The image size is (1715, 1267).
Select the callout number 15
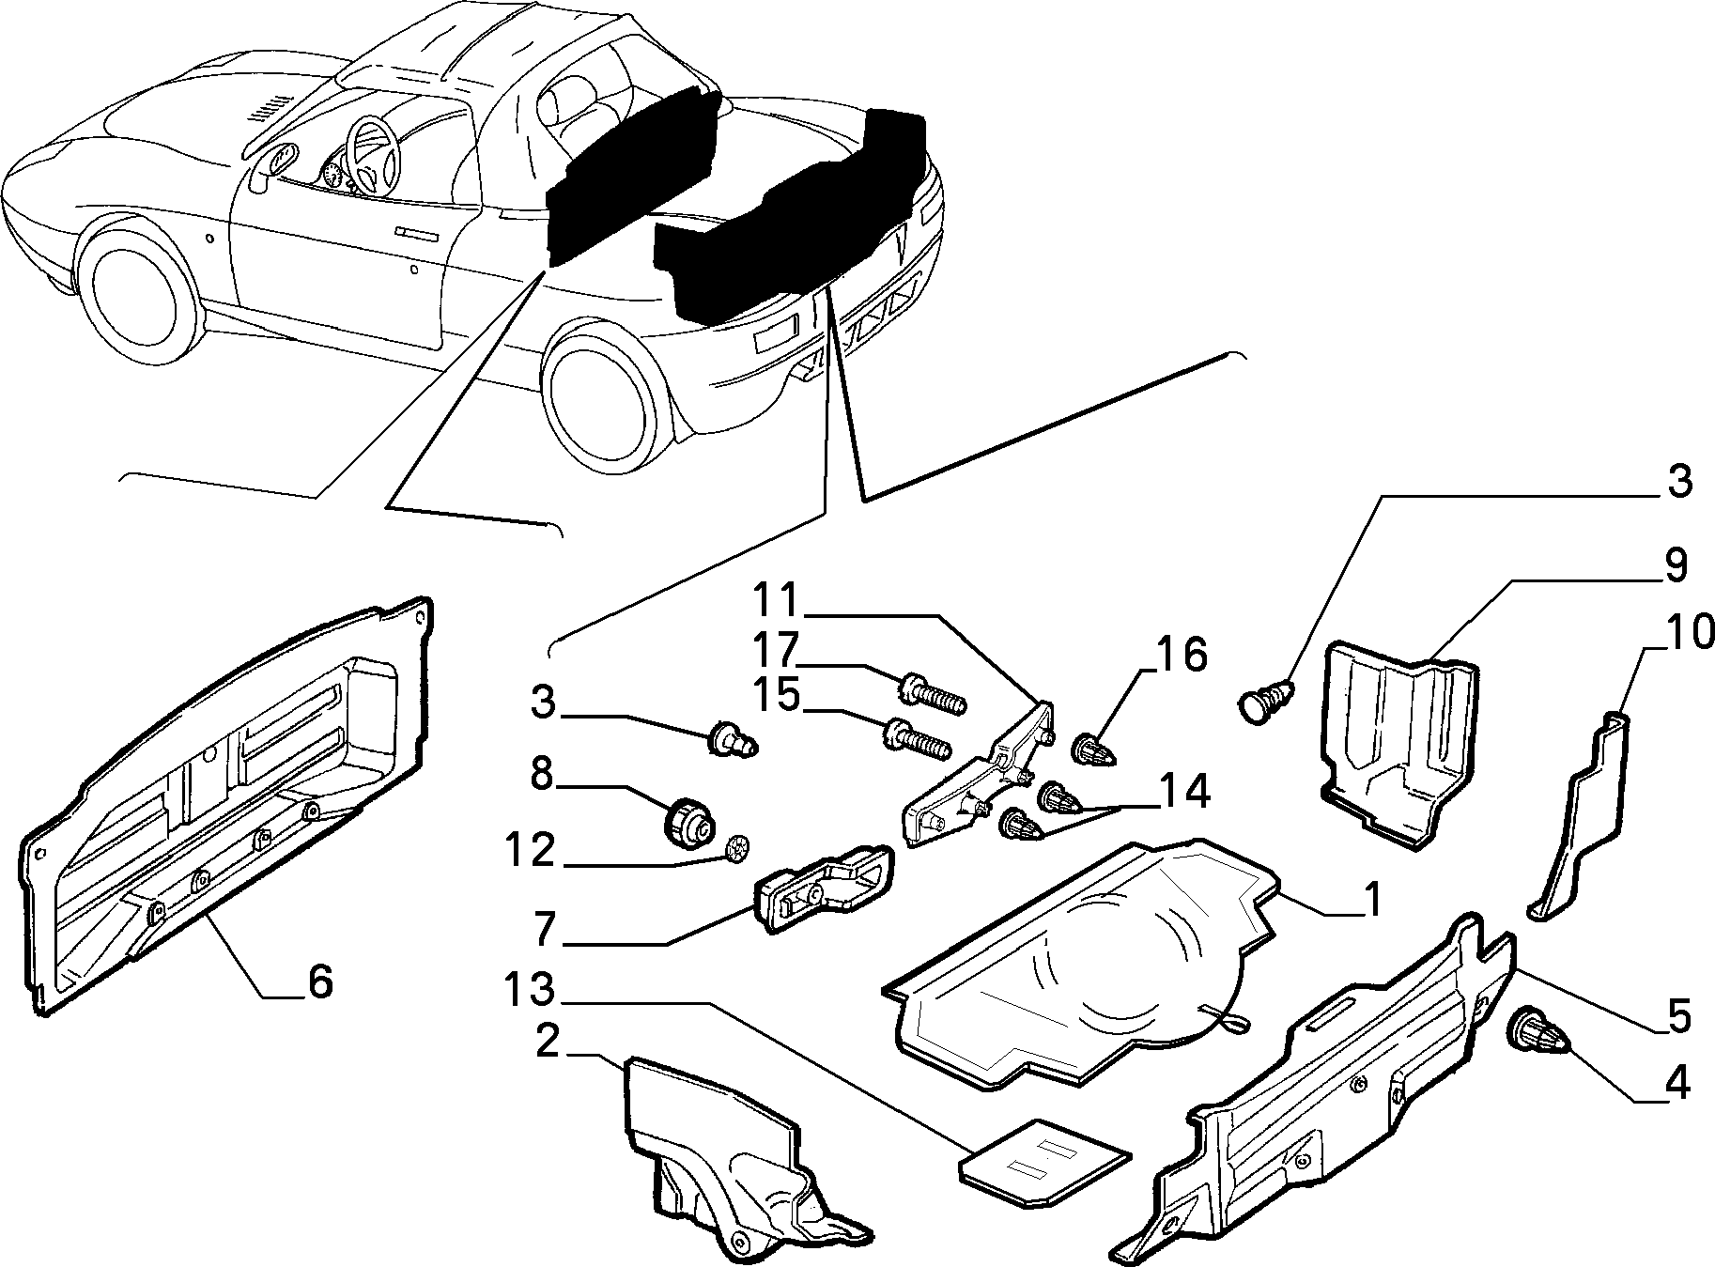point(775,696)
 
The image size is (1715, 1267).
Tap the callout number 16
point(1182,655)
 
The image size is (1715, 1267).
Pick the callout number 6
point(319,982)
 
